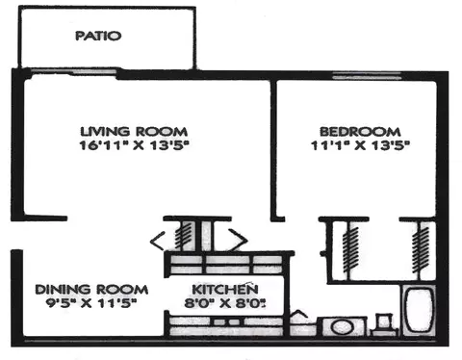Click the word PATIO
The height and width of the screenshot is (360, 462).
coord(99,37)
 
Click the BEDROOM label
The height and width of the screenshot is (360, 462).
coord(359,131)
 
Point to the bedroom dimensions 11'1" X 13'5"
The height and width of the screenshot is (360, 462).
coord(359,146)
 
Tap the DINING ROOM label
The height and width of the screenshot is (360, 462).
coord(92,289)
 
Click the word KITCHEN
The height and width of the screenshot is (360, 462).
coord(224,289)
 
